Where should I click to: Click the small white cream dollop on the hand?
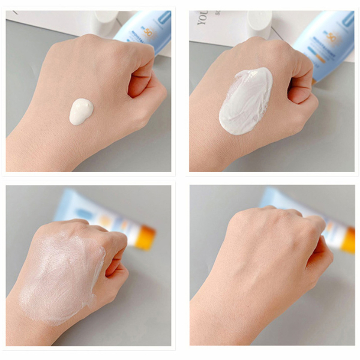coord(81,112)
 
